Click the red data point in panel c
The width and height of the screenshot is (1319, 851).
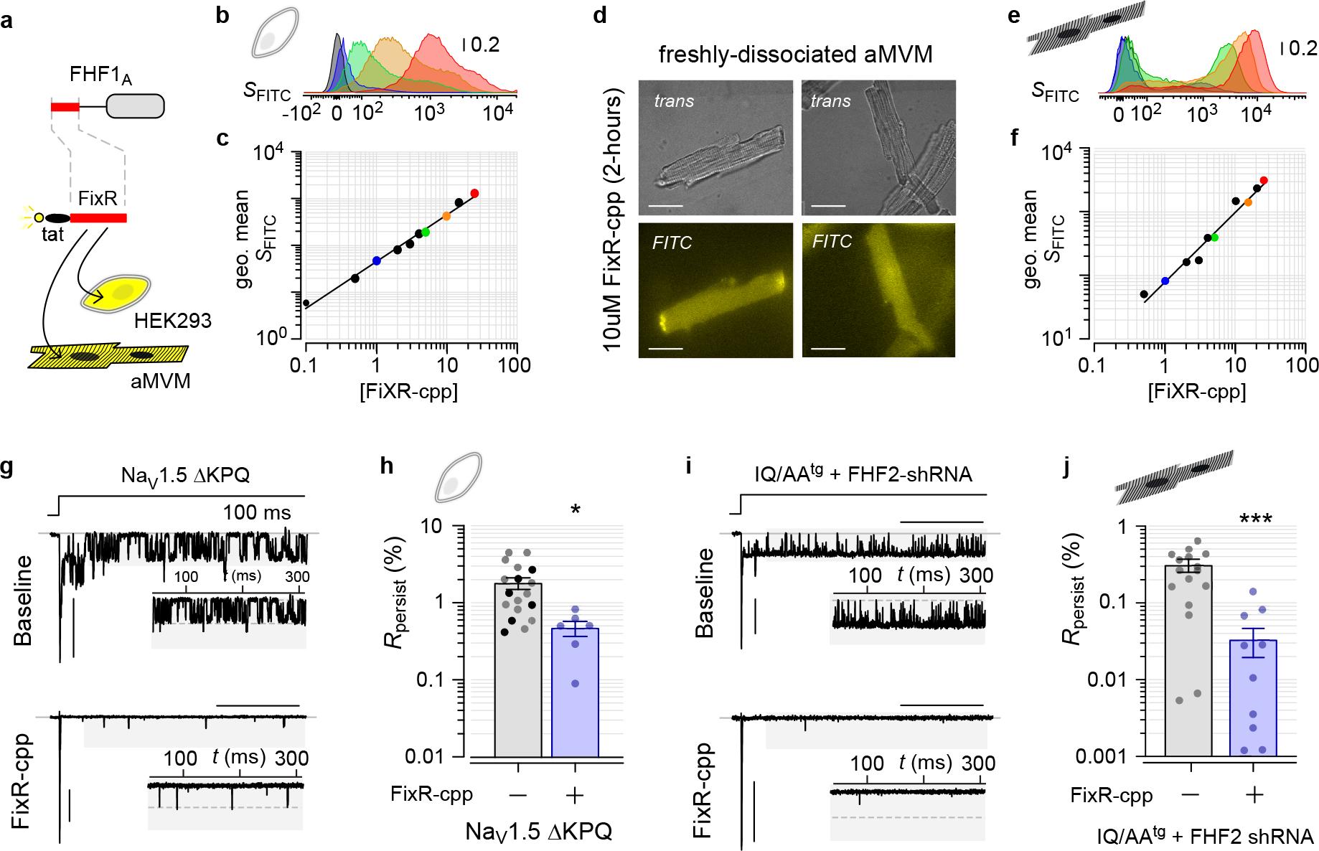point(474,193)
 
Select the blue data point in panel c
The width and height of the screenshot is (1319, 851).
point(376,261)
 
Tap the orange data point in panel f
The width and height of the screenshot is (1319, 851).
point(1249,202)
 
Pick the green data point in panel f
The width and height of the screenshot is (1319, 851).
point(1214,237)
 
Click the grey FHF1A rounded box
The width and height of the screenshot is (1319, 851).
point(135,107)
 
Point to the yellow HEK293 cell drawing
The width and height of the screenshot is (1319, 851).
point(117,295)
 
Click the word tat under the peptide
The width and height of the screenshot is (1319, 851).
point(52,234)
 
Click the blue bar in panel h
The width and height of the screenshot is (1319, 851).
point(575,692)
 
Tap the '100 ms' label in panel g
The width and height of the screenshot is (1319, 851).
point(257,512)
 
